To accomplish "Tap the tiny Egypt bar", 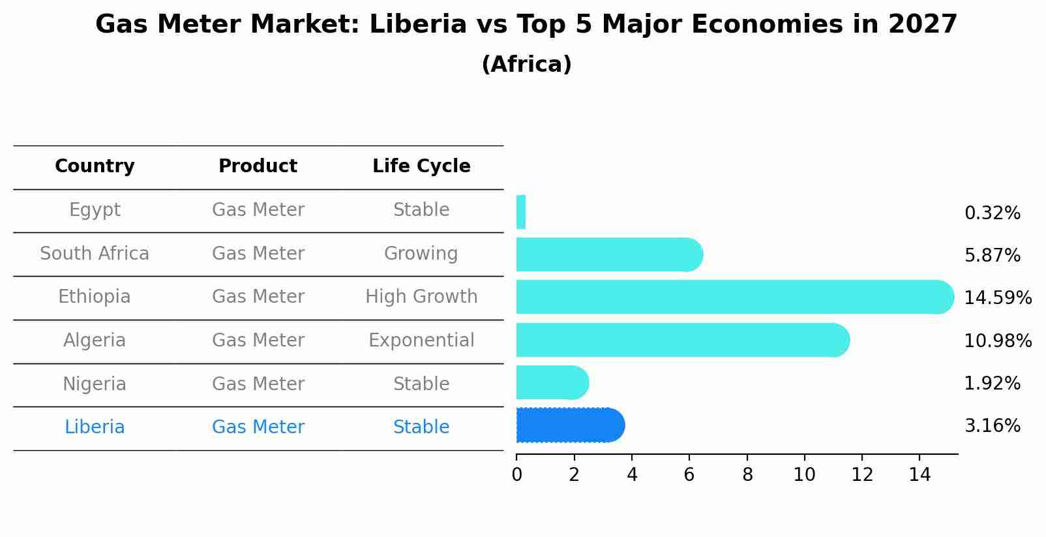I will pyautogui.click(x=521, y=212).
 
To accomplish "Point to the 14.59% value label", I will pyautogui.click(x=997, y=298).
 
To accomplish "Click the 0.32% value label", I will pyautogui.click(x=992, y=213).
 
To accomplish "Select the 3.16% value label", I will pyautogui.click(x=992, y=426).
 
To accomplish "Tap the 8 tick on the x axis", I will pyautogui.click(x=747, y=475).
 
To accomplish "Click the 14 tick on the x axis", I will pyautogui.click(x=919, y=475).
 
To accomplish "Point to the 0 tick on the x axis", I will pyautogui.click(x=516, y=475).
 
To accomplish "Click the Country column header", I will pyautogui.click(x=95, y=166).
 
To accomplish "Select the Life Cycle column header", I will pyautogui.click(x=421, y=166).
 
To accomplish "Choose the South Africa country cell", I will pyautogui.click(x=95, y=253).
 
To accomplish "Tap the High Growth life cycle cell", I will pyautogui.click(x=421, y=297).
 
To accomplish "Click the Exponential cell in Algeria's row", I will pyautogui.click(x=421, y=341).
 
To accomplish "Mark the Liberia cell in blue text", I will pyautogui.click(x=95, y=427).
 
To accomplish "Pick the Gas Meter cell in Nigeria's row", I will pyautogui.click(x=258, y=384).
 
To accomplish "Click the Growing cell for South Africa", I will pyautogui.click(x=421, y=253).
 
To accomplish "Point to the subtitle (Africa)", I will pyautogui.click(x=526, y=65).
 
